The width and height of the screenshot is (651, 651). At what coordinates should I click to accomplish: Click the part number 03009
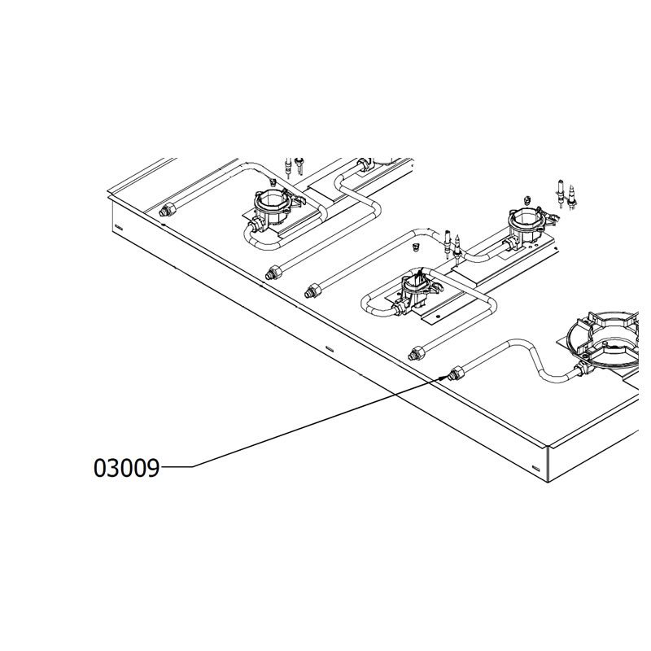point(126,468)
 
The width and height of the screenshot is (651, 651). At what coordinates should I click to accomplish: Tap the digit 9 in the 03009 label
point(153,468)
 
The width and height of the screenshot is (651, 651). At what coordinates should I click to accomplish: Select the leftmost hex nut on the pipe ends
point(168,210)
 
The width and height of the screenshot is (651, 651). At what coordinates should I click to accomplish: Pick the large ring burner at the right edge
point(603,339)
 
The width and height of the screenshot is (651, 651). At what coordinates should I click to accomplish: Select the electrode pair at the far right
point(566,195)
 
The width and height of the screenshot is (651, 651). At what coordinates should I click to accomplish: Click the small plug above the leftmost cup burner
point(273,181)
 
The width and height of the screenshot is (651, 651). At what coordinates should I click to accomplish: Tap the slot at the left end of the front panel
point(118,227)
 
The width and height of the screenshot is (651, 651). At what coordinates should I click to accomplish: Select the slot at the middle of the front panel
point(330,347)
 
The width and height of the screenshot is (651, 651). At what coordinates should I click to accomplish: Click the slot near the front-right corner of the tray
point(536,468)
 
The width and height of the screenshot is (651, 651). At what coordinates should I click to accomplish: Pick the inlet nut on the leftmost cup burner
point(255,228)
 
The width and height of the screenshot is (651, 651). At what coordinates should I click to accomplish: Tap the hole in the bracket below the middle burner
point(437,316)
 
